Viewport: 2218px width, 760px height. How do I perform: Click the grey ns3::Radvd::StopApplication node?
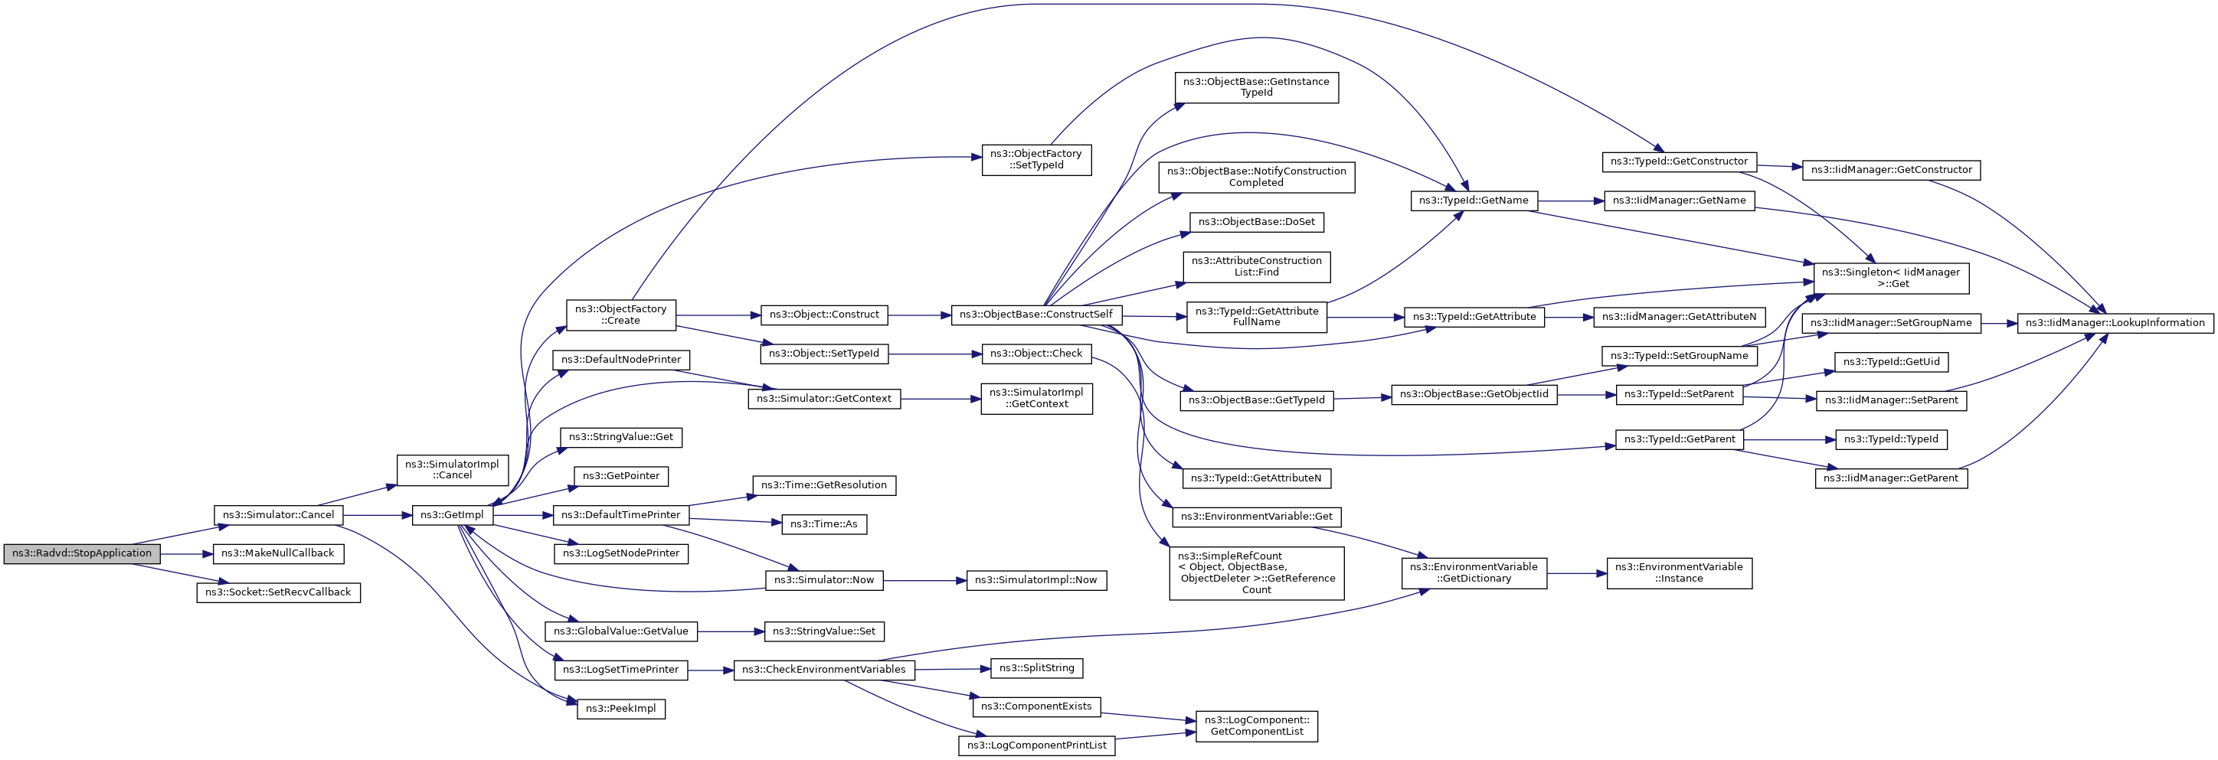pyautogui.click(x=82, y=553)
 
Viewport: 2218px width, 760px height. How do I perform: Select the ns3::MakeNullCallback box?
pyautogui.click(x=278, y=553)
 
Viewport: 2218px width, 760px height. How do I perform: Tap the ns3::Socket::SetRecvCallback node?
pyautogui.click(x=278, y=592)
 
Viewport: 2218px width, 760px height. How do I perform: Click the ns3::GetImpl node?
pyautogui.click(x=452, y=514)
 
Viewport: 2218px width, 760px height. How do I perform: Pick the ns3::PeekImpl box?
pyautogui.click(x=621, y=709)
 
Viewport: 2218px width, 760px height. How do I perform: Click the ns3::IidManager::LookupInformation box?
pyautogui.click(x=2115, y=323)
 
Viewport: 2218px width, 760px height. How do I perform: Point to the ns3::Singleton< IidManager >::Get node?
pyautogui.click(x=1891, y=278)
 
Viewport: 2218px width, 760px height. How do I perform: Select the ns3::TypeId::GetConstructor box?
pyautogui.click(x=1679, y=161)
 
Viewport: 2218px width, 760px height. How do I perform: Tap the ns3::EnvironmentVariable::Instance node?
pyautogui.click(x=1679, y=572)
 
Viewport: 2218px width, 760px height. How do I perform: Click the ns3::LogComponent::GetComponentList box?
pyautogui.click(x=1256, y=726)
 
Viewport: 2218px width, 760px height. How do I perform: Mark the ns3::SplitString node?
pyautogui.click(x=1037, y=668)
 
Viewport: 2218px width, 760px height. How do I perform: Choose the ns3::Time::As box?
pyautogui.click(x=824, y=524)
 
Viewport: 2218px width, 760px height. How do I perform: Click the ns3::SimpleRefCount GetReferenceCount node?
pyautogui.click(x=1256, y=573)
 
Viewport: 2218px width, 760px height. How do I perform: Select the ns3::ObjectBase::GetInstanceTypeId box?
pyautogui.click(x=1256, y=87)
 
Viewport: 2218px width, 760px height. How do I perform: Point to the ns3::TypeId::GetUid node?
pyautogui.click(x=1891, y=361)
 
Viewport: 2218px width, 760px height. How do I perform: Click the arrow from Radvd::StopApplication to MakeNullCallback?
pyautogui.click(x=186, y=553)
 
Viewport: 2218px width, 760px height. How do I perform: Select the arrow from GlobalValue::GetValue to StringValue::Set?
pyautogui.click(x=731, y=631)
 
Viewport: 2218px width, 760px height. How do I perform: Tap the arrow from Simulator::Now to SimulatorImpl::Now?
pyautogui.click(x=924, y=581)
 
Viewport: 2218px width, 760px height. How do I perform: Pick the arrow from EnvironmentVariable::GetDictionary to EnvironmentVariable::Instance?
pyautogui.click(x=1576, y=573)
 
